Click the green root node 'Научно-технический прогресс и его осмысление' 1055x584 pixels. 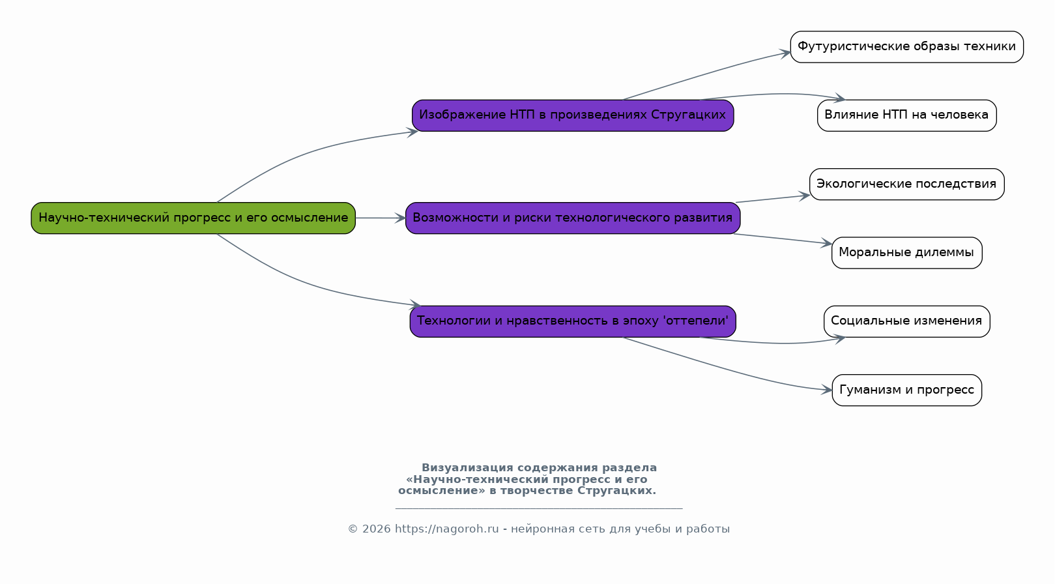[x=193, y=218]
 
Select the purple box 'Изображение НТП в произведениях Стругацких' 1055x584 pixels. [x=573, y=115]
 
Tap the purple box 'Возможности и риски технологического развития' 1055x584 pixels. [x=573, y=218]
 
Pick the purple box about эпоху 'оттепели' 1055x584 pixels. [x=573, y=321]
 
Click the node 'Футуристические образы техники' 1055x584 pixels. [x=906, y=47]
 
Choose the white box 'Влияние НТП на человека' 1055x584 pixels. [x=906, y=115]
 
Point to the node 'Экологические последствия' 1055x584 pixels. [x=906, y=184]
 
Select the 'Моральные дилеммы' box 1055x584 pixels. [x=906, y=252]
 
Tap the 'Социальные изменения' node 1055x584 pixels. [x=906, y=321]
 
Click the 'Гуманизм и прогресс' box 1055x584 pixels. [x=906, y=390]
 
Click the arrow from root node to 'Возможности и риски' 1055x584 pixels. [x=381, y=218]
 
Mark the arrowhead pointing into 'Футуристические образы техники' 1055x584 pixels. [x=785, y=53]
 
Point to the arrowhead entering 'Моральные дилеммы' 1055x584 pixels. [x=826, y=243]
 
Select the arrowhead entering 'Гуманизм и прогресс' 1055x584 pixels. [x=826, y=390]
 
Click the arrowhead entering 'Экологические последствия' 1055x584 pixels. [x=804, y=196]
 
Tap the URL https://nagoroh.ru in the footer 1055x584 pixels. [x=446, y=529]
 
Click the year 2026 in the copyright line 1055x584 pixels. [x=376, y=529]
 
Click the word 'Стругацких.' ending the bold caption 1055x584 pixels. [x=616, y=490]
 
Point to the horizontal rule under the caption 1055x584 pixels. [x=539, y=508]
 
